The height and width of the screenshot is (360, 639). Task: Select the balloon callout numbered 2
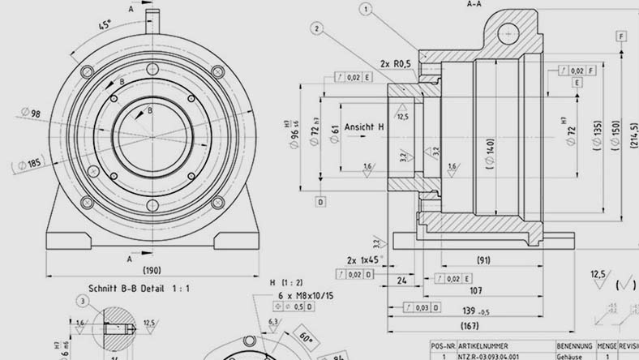pos(317,28)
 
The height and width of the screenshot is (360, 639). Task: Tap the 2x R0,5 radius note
pos(396,62)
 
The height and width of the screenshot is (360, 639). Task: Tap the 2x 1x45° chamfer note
pos(362,259)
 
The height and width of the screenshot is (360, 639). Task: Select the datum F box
pos(620,37)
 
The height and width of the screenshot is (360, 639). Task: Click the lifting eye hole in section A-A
pos(508,32)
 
